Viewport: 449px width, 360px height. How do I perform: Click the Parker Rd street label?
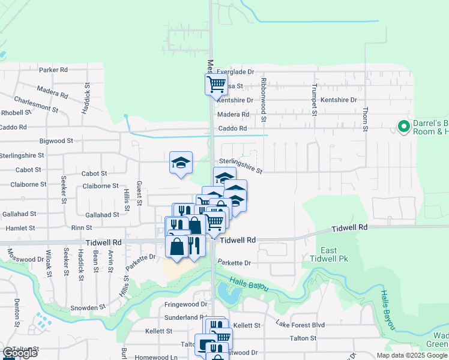(53, 70)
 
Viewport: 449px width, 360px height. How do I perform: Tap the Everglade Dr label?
(235, 71)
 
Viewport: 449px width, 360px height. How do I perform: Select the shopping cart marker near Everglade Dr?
(217, 84)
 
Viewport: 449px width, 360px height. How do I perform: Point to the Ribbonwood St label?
(263, 95)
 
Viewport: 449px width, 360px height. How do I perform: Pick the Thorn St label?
(365, 119)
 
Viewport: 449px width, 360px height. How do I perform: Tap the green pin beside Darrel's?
(402, 127)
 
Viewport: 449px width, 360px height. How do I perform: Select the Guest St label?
(139, 193)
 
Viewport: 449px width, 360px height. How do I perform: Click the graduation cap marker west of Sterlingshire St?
(181, 163)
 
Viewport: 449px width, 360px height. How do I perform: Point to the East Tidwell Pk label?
(336, 254)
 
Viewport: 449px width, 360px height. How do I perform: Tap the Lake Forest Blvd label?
(300, 325)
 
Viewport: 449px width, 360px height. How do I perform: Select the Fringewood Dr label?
(185, 305)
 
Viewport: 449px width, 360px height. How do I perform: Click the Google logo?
(19, 353)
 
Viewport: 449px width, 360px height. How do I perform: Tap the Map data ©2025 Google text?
(412, 355)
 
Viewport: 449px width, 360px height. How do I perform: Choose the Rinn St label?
(82, 228)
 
